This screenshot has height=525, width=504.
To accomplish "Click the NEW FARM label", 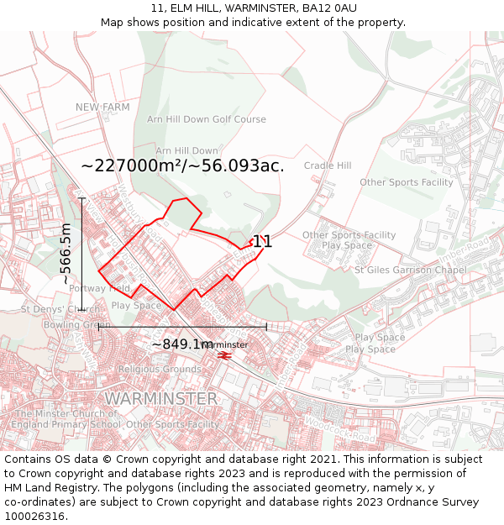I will [x=102, y=108].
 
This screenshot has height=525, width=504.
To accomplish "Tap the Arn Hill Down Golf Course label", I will [x=206, y=120].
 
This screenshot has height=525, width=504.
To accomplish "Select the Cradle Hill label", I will [x=328, y=165].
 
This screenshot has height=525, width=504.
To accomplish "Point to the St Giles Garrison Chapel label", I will [x=410, y=270].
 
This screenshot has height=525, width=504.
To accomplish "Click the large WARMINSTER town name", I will [x=160, y=398].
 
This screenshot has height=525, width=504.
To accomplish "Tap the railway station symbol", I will [x=225, y=356].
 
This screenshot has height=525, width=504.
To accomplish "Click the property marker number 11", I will [x=262, y=242].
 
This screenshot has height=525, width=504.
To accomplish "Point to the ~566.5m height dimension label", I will [x=66, y=255].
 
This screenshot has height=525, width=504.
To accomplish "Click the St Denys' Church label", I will [x=60, y=310].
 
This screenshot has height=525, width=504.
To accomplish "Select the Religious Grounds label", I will [x=160, y=369].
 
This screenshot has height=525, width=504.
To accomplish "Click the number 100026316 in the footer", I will [x=35, y=517].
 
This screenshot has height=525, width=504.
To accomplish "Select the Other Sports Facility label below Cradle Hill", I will [x=407, y=182].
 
